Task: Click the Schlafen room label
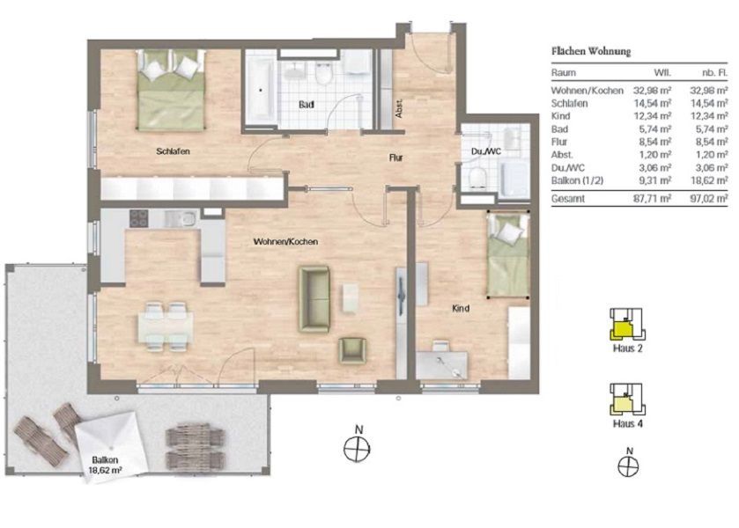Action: [173, 151]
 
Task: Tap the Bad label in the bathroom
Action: [307, 105]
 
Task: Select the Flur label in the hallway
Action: [395, 158]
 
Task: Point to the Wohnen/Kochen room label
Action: [285, 242]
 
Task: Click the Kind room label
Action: [461, 309]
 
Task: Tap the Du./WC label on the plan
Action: [486, 151]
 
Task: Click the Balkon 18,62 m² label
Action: [106, 465]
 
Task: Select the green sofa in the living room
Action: [314, 299]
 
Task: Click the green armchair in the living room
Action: [352, 351]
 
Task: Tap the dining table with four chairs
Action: [166, 327]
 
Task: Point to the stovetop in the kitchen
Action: [139, 218]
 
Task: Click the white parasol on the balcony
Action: [111, 442]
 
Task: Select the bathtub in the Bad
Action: [260, 89]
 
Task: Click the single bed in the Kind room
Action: [508, 255]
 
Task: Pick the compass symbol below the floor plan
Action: [358, 448]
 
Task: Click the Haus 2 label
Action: [628, 348]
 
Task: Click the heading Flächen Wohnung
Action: [591, 51]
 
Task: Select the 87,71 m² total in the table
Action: [653, 199]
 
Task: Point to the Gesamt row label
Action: [568, 199]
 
